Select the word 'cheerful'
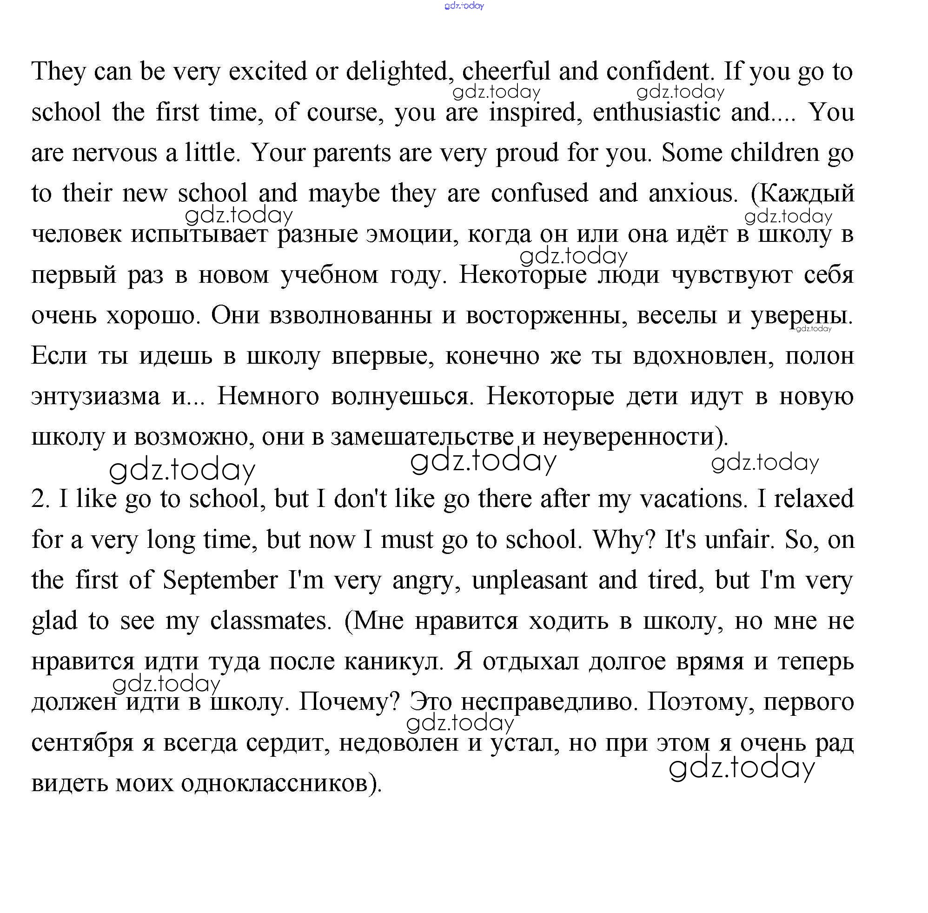[506, 72]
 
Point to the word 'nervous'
[114, 153]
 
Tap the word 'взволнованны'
[351, 315]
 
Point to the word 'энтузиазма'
[95, 397]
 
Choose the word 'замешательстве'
[422, 437]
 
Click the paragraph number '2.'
[40, 499]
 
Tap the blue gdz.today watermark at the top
[464, 6]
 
